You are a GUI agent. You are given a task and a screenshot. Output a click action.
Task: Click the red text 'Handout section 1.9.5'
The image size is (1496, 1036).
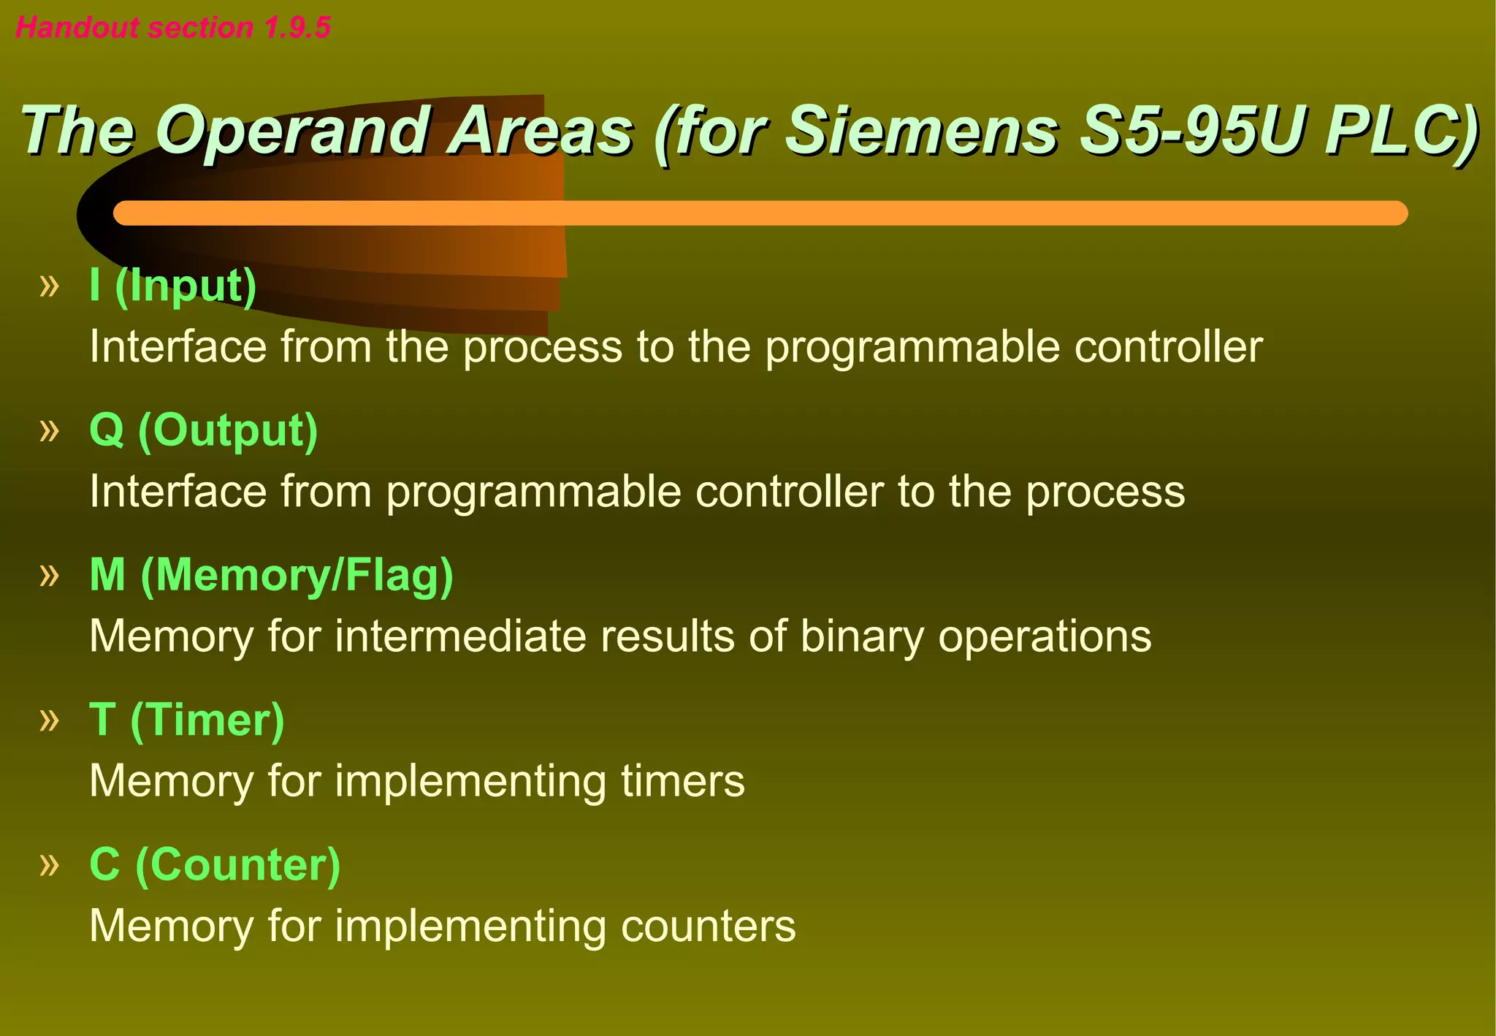173,28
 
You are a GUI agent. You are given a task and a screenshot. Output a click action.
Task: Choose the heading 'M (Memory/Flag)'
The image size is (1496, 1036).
271,575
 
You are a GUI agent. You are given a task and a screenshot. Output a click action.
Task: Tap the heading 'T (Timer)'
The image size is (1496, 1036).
187,720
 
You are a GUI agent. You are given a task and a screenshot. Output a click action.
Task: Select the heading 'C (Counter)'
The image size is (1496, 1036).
215,864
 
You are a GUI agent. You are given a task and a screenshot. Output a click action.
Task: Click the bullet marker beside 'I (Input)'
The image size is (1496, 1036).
49,286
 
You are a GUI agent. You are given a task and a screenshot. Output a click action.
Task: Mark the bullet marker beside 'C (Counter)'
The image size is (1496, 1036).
49,865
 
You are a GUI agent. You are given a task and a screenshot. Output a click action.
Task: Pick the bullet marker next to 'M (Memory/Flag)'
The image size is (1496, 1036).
49,576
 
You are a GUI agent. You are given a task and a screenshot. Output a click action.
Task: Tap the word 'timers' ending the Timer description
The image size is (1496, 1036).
683,781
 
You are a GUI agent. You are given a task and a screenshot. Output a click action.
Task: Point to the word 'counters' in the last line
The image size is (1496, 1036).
708,926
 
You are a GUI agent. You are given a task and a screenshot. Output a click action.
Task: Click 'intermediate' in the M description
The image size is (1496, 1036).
460,636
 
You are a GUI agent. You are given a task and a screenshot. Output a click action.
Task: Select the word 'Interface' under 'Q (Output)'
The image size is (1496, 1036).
178,491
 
